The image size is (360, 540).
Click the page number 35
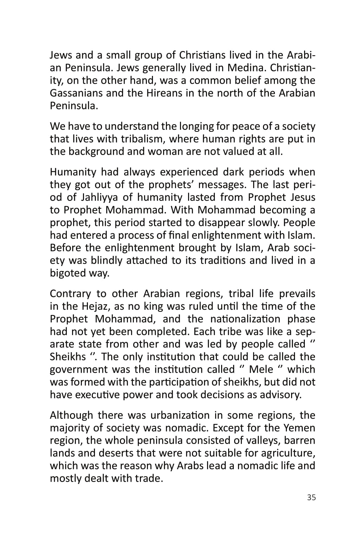coord(311,497)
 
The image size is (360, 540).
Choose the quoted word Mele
coord(261,369)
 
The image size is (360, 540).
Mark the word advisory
coord(280,395)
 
